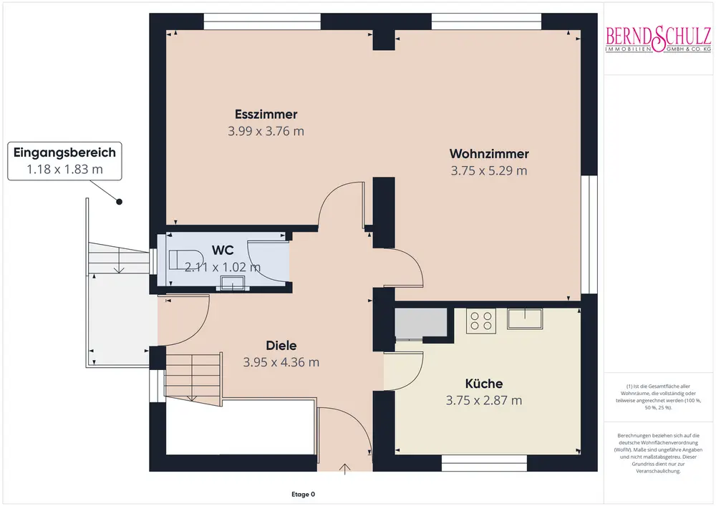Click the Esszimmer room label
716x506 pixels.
[266, 114]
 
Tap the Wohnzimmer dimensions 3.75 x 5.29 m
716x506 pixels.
[488, 170]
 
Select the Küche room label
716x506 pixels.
[483, 384]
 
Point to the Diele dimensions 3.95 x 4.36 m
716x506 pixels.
[281, 362]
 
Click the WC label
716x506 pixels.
[223, 250]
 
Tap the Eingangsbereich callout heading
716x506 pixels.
[64, 152]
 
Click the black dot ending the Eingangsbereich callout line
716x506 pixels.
[119, 202]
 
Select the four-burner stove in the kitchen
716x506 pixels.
[481, 321]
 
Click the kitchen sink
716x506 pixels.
[525, 318]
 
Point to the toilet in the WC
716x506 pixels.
[186, 260]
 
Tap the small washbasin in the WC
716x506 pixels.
[233, 283]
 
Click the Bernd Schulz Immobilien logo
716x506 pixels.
[658, 39]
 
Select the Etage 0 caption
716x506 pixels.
[303, 494]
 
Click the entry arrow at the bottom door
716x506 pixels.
[345, 469]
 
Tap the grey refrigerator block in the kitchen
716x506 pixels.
[420, 323]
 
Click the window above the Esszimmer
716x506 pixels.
[262, 21]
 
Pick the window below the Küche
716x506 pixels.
[485, 463]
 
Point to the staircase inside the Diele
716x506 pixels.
[193, 378]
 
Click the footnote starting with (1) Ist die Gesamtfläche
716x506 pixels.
[658, 396]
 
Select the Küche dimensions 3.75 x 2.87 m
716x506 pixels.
[483, 401]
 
